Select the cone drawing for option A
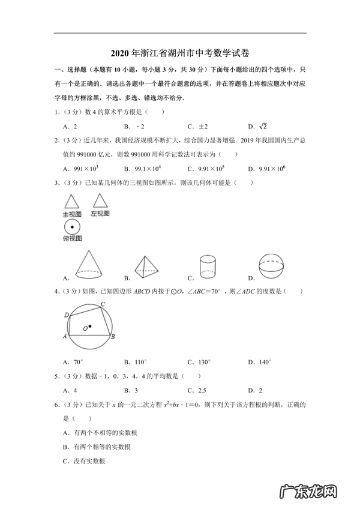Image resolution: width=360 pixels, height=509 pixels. (x=89, y=265)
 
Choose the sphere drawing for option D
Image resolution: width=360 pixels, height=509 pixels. (x=274, y=267)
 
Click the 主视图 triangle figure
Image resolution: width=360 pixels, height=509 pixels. (x=72, y=200)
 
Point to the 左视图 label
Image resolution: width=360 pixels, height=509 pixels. (x=100, y=213)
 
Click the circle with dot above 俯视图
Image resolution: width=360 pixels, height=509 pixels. (x=72, y=227)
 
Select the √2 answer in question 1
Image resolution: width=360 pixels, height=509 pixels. (x=262, y=126)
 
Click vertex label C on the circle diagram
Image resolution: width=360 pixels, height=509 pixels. (x=103, y=304)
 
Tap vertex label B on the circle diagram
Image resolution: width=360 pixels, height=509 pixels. (x=115, y=337)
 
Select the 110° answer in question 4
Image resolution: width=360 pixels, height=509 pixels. (x=140, y=362)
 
